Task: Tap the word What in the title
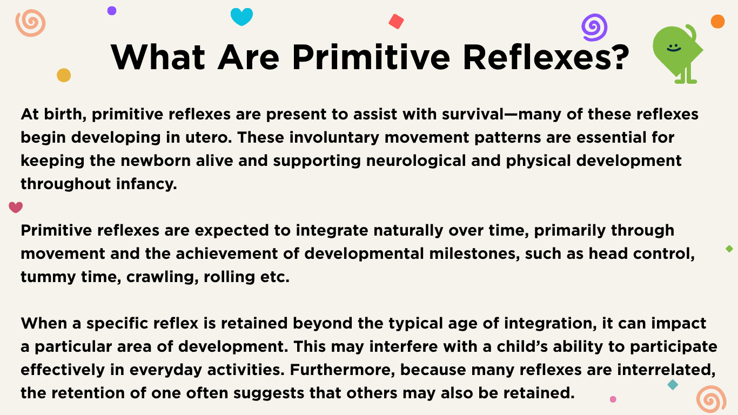158,57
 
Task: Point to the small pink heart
16,207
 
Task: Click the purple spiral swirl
594,28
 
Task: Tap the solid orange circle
717,22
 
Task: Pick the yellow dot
64,75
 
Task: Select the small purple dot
112,11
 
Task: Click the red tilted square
396,22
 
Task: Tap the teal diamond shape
673,385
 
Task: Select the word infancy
146,184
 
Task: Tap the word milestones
474,253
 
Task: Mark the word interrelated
666,370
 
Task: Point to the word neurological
416,161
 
